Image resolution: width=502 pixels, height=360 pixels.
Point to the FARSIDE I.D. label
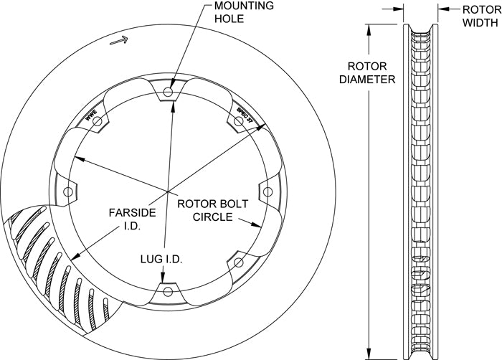point(128,218)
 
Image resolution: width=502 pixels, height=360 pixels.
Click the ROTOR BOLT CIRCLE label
point(212,209)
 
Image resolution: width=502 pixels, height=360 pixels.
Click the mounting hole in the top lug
point(168,93)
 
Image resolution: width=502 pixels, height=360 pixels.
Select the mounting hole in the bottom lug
point(168,290)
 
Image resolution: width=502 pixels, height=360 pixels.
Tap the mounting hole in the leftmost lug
point(69,191)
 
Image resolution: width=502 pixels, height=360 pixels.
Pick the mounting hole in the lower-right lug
point(237,261)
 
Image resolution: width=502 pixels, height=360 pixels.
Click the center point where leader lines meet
point(168,191)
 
